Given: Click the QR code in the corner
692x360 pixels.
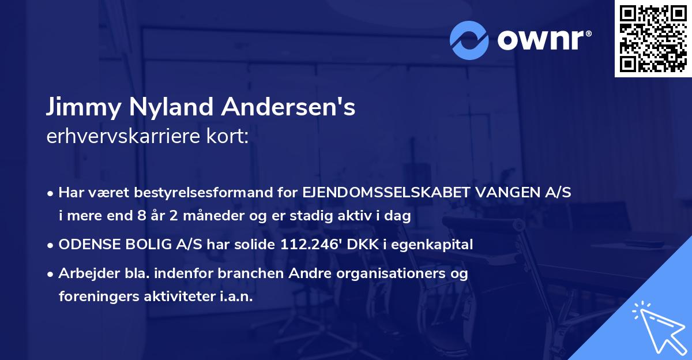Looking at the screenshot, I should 652,39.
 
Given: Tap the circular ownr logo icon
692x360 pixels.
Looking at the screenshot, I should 469,40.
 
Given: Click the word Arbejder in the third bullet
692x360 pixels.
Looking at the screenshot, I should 84,273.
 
